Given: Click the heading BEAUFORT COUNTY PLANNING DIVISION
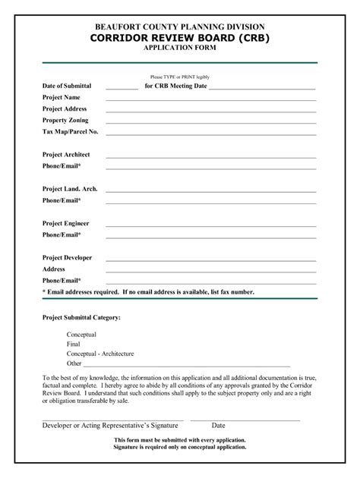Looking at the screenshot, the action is coord(180,26).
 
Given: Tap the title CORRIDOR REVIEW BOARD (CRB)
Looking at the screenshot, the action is coord(180,37).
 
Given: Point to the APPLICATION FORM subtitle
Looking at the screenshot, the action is coord(180,48).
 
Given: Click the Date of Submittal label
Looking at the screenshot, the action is coord(67,86).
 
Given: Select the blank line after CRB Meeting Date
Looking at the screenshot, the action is coord(261,88).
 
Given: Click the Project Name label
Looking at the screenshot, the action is coord(62,98).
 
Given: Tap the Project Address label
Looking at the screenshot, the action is coord(65,109).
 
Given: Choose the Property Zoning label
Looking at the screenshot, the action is coord(65,121).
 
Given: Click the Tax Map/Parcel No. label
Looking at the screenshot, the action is coord(71,132).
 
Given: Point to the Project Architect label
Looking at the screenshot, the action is coord(67,155).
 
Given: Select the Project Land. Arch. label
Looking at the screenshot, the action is coord(70,189).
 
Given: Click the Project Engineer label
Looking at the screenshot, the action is coord(66,223).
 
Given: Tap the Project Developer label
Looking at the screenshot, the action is coord(68,258).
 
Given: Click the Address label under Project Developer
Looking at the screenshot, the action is coord(54,269).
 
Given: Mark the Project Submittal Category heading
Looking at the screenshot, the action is coord(81,317).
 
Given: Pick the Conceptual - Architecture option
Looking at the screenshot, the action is coord(100,354).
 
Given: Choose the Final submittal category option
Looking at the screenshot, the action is coord(74,344).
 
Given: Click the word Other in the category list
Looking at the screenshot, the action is coord(74,363).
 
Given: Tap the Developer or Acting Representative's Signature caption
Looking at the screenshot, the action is coord(110,426).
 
